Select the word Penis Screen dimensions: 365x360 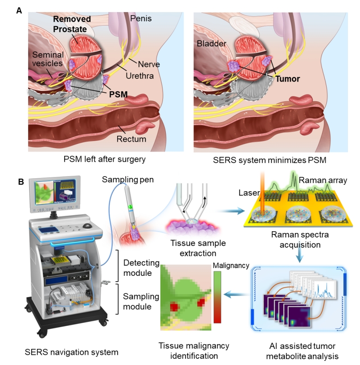click(x=141, y=18)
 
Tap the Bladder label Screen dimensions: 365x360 click(x=212, y=44)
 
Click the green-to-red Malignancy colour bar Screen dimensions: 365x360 click(x=217, y=297)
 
